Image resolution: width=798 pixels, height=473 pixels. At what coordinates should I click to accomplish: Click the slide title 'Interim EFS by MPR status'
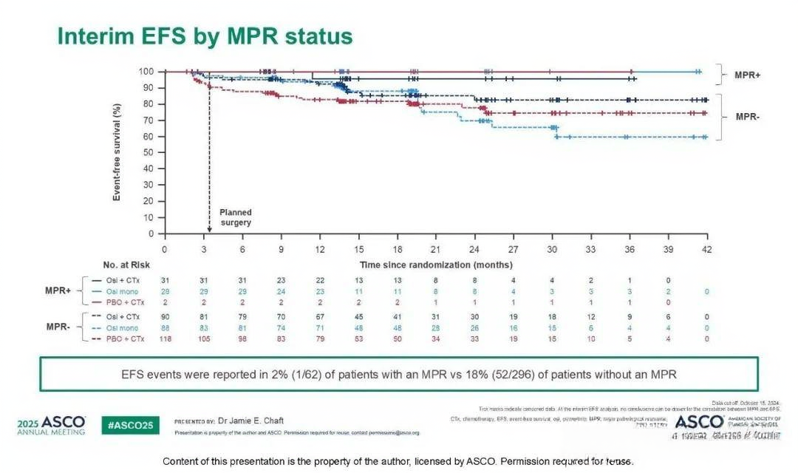coord(205,36)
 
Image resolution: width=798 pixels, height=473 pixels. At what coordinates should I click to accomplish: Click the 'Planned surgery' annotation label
coord(235,217)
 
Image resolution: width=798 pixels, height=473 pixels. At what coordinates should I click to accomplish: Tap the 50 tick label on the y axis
coord(149,152)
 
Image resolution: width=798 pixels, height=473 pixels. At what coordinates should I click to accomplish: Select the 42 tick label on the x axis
coord(706,250)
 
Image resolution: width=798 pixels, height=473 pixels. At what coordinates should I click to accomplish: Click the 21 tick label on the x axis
coord(436,250)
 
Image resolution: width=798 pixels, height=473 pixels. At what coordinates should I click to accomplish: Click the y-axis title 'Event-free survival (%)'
coord(117,152)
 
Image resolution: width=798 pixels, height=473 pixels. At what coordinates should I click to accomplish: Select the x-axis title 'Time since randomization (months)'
coord(436,265)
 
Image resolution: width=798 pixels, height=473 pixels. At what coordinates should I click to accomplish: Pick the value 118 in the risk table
coord(165,339)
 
